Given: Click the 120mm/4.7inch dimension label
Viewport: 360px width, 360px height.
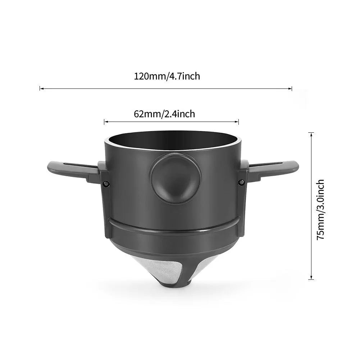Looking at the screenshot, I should pos(167,76).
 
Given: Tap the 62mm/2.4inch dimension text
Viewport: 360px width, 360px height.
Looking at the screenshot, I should pos(164,114).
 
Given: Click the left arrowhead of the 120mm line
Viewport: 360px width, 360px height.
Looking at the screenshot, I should pos(40,88).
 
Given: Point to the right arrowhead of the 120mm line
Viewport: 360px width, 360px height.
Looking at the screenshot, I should pos(291,88).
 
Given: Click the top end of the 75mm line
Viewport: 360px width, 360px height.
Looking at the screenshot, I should pos(311,133).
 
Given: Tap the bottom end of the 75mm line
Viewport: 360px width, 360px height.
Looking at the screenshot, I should pos(311,279).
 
